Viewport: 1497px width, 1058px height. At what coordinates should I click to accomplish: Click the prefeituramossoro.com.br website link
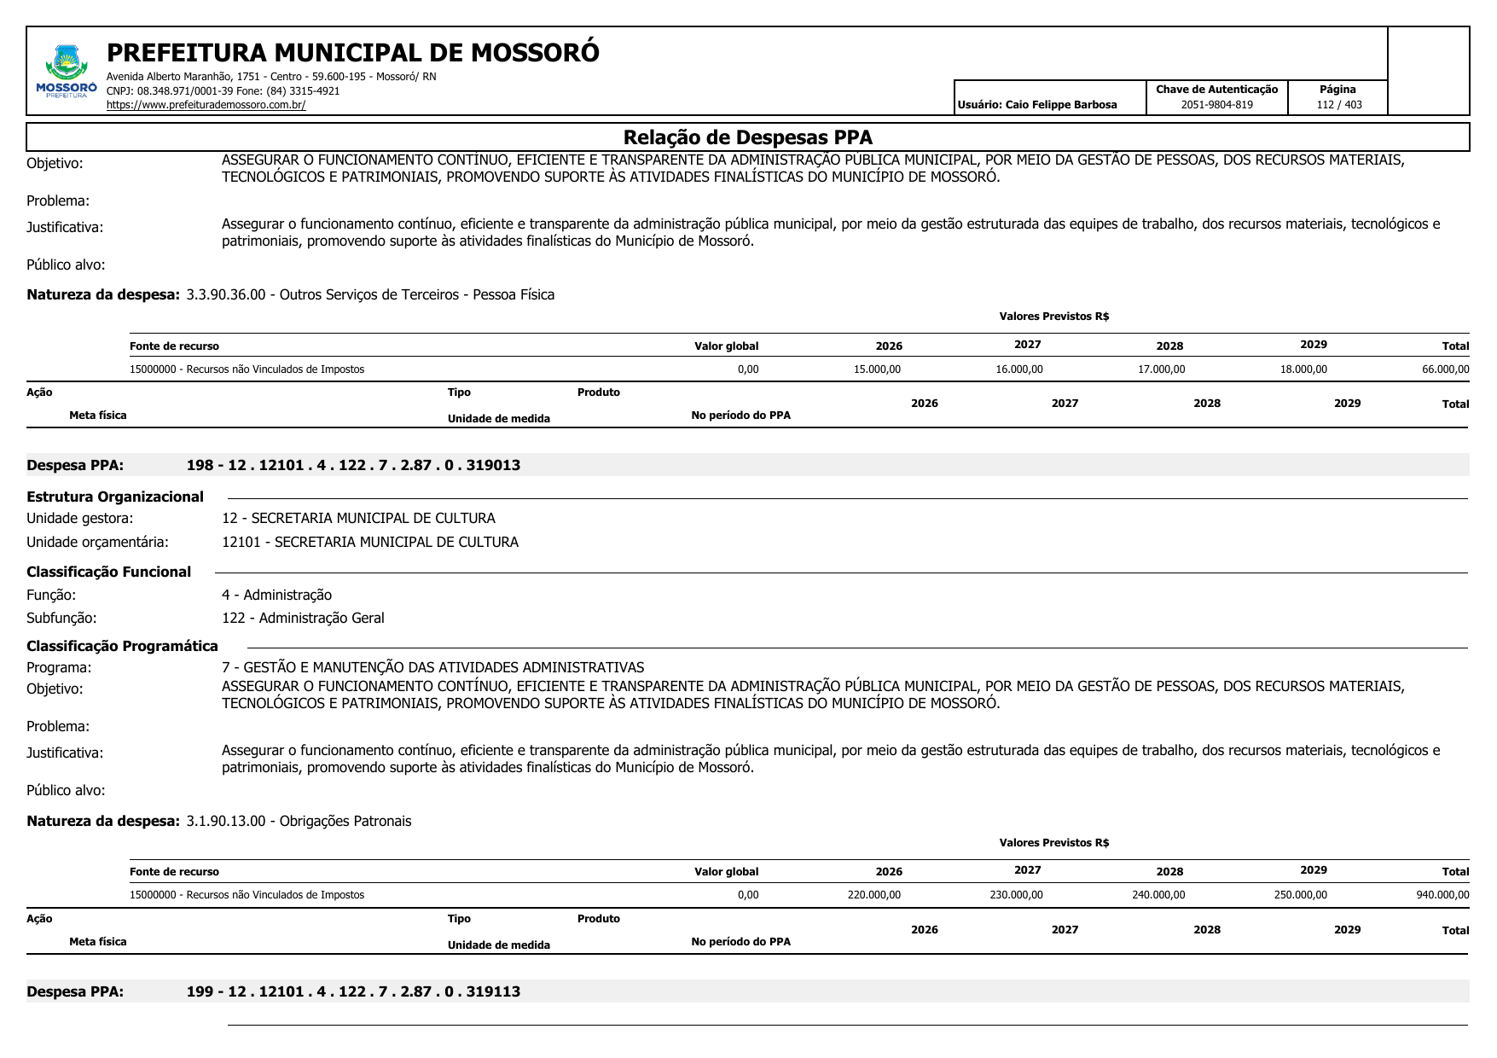(206, 105)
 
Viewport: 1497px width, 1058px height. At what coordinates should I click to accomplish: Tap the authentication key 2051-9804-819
(1216, 105)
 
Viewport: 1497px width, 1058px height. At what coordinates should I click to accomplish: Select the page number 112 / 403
(1338, 105)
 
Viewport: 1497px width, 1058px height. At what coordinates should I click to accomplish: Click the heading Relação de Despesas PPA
(747, 137)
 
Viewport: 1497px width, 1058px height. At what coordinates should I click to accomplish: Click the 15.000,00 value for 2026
(877, 369)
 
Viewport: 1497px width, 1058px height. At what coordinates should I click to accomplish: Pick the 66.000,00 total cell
(1445, 369)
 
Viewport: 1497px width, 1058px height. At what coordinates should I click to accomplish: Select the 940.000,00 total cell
(1442, 895)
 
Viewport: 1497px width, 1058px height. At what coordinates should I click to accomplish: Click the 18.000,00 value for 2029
(1303, 369)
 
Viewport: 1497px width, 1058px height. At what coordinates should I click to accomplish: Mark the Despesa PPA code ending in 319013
(353, 465)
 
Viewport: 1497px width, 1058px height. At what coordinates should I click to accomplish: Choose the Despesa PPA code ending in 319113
(353, 991)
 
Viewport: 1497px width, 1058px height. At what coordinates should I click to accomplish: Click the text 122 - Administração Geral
(303, 618)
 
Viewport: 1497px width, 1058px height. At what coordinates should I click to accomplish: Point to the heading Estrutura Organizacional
(115, 497)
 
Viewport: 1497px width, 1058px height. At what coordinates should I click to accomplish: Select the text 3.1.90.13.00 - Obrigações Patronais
(299, 821)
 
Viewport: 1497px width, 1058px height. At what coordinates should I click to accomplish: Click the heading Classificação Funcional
(108, 572)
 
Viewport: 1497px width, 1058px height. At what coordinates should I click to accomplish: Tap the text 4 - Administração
(276, 595)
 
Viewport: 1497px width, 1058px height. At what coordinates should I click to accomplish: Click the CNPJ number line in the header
(223, 91)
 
